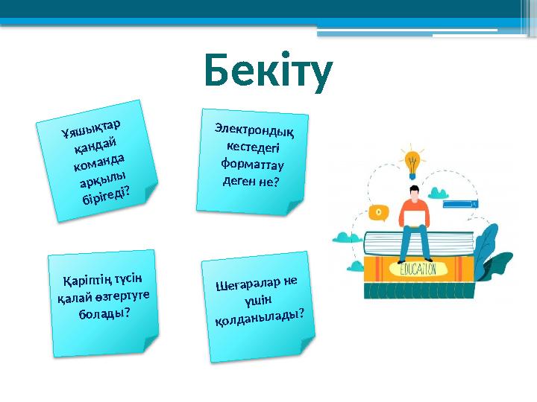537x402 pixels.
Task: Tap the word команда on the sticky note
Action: click(100, 160)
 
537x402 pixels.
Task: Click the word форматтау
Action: click(252, 162)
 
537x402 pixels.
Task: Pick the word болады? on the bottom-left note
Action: click(104, 313)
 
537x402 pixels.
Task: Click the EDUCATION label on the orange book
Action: click(422, 268)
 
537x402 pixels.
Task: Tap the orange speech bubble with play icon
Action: click(379, 212)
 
